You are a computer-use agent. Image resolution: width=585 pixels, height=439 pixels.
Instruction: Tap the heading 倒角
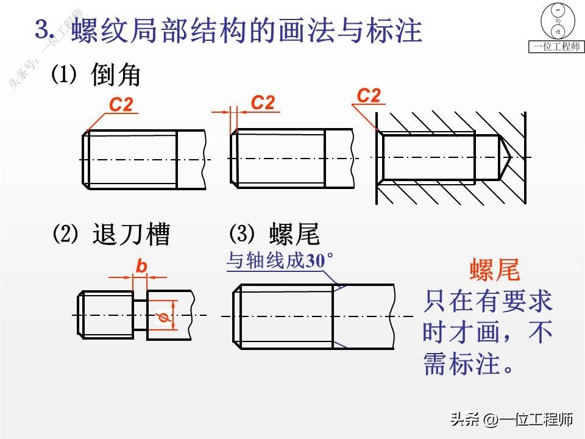click(116, 75)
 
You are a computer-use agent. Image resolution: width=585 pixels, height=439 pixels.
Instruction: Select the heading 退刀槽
click(131, 234)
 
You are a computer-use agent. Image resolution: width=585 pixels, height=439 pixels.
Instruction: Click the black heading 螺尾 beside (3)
click(294, 234)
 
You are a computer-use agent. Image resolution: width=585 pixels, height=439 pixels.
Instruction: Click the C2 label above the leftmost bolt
click(121, 105)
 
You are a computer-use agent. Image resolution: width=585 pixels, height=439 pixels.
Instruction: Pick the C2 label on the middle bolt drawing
click(263, 102)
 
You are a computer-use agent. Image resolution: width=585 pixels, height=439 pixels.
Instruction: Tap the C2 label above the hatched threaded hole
click(369, 95)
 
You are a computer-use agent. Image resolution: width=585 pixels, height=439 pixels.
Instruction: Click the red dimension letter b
click(141, 266)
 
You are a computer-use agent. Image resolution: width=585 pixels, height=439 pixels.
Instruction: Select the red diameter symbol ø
click(162, 316)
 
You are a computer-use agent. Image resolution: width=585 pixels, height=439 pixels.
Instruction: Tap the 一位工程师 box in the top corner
click(556, 47)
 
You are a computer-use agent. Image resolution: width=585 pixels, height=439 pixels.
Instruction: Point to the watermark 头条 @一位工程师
click(511, 420)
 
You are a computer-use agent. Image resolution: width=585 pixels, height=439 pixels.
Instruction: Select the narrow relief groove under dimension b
click(140, 315)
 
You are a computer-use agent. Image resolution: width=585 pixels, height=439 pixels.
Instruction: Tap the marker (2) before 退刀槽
click(63, 234)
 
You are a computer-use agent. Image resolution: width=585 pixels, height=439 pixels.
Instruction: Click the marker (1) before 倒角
click(63, 74)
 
